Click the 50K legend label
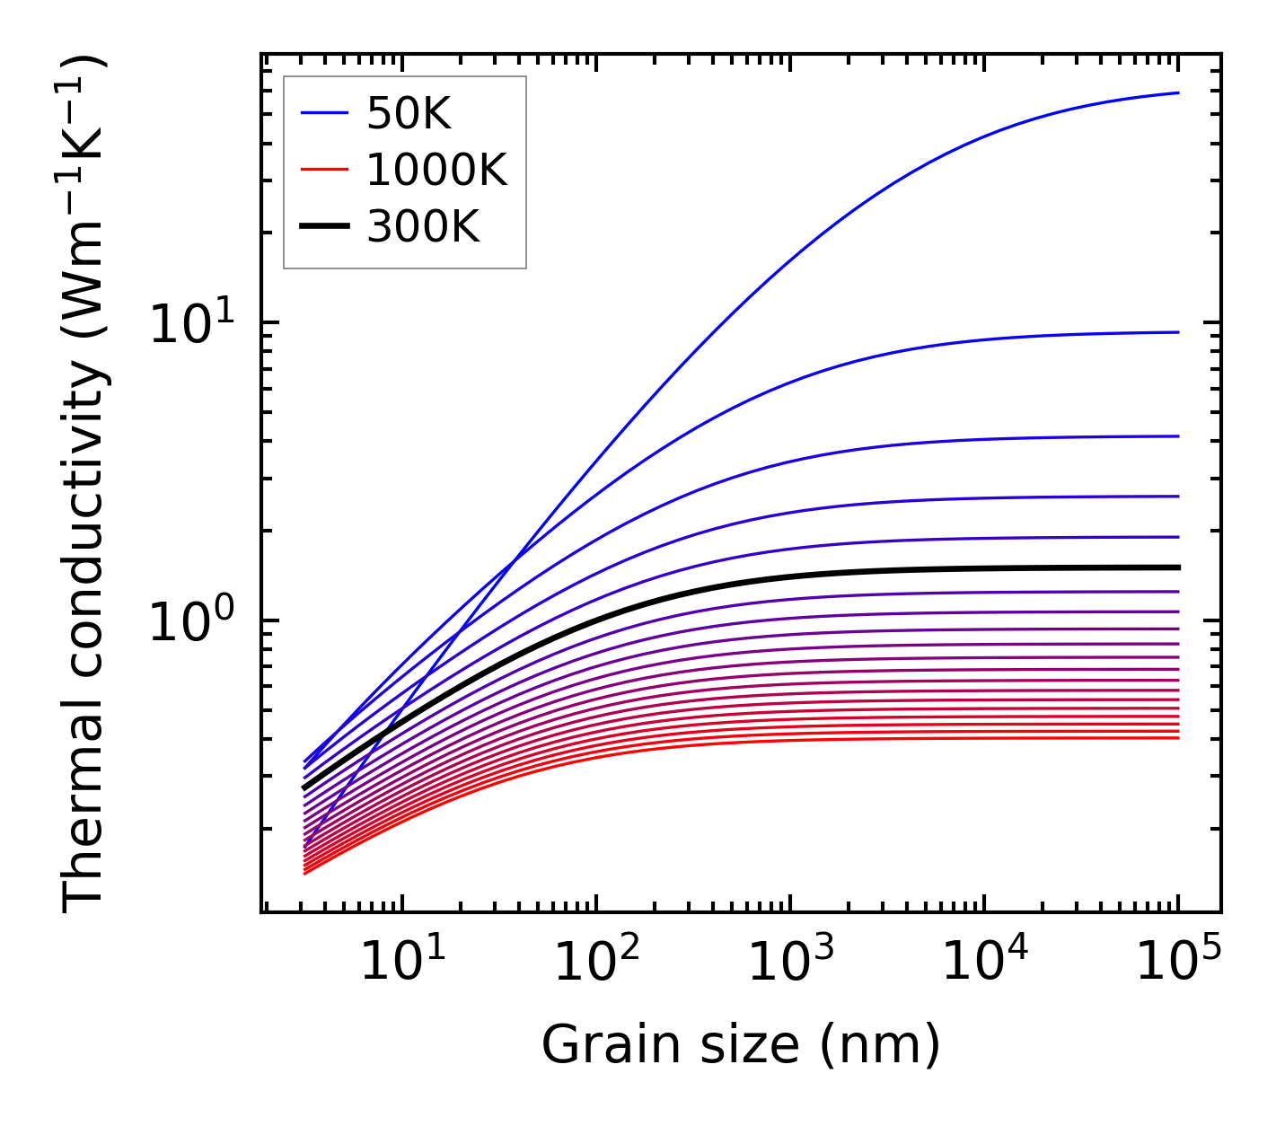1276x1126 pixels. point(409,114)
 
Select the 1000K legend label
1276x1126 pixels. point(436,170)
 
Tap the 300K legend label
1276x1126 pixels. point(423,227)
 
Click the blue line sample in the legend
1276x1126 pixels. point(323,113)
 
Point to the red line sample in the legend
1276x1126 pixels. point(323,170)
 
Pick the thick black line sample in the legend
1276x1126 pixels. point(323,227)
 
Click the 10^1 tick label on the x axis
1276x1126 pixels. point(401,963)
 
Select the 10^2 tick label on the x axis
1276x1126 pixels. point(596,963)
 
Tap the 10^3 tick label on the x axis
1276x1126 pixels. point(790,963)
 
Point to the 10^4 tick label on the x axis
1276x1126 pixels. point(984,963)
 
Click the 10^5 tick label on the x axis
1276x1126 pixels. point(1178,963)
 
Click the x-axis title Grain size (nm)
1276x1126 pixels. point(741,1045)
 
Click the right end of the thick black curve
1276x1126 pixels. point(1177,567)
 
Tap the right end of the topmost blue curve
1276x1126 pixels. point(1177,92)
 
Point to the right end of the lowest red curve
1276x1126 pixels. point(1177,738)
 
